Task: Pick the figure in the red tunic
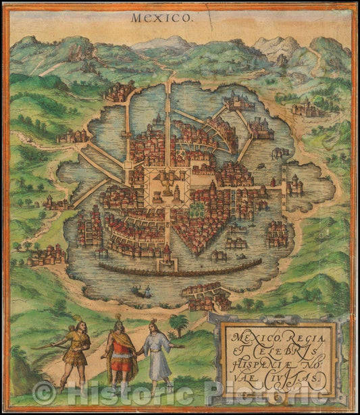click(x=122, y=351)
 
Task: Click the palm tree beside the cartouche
click(x=179, y=325)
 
